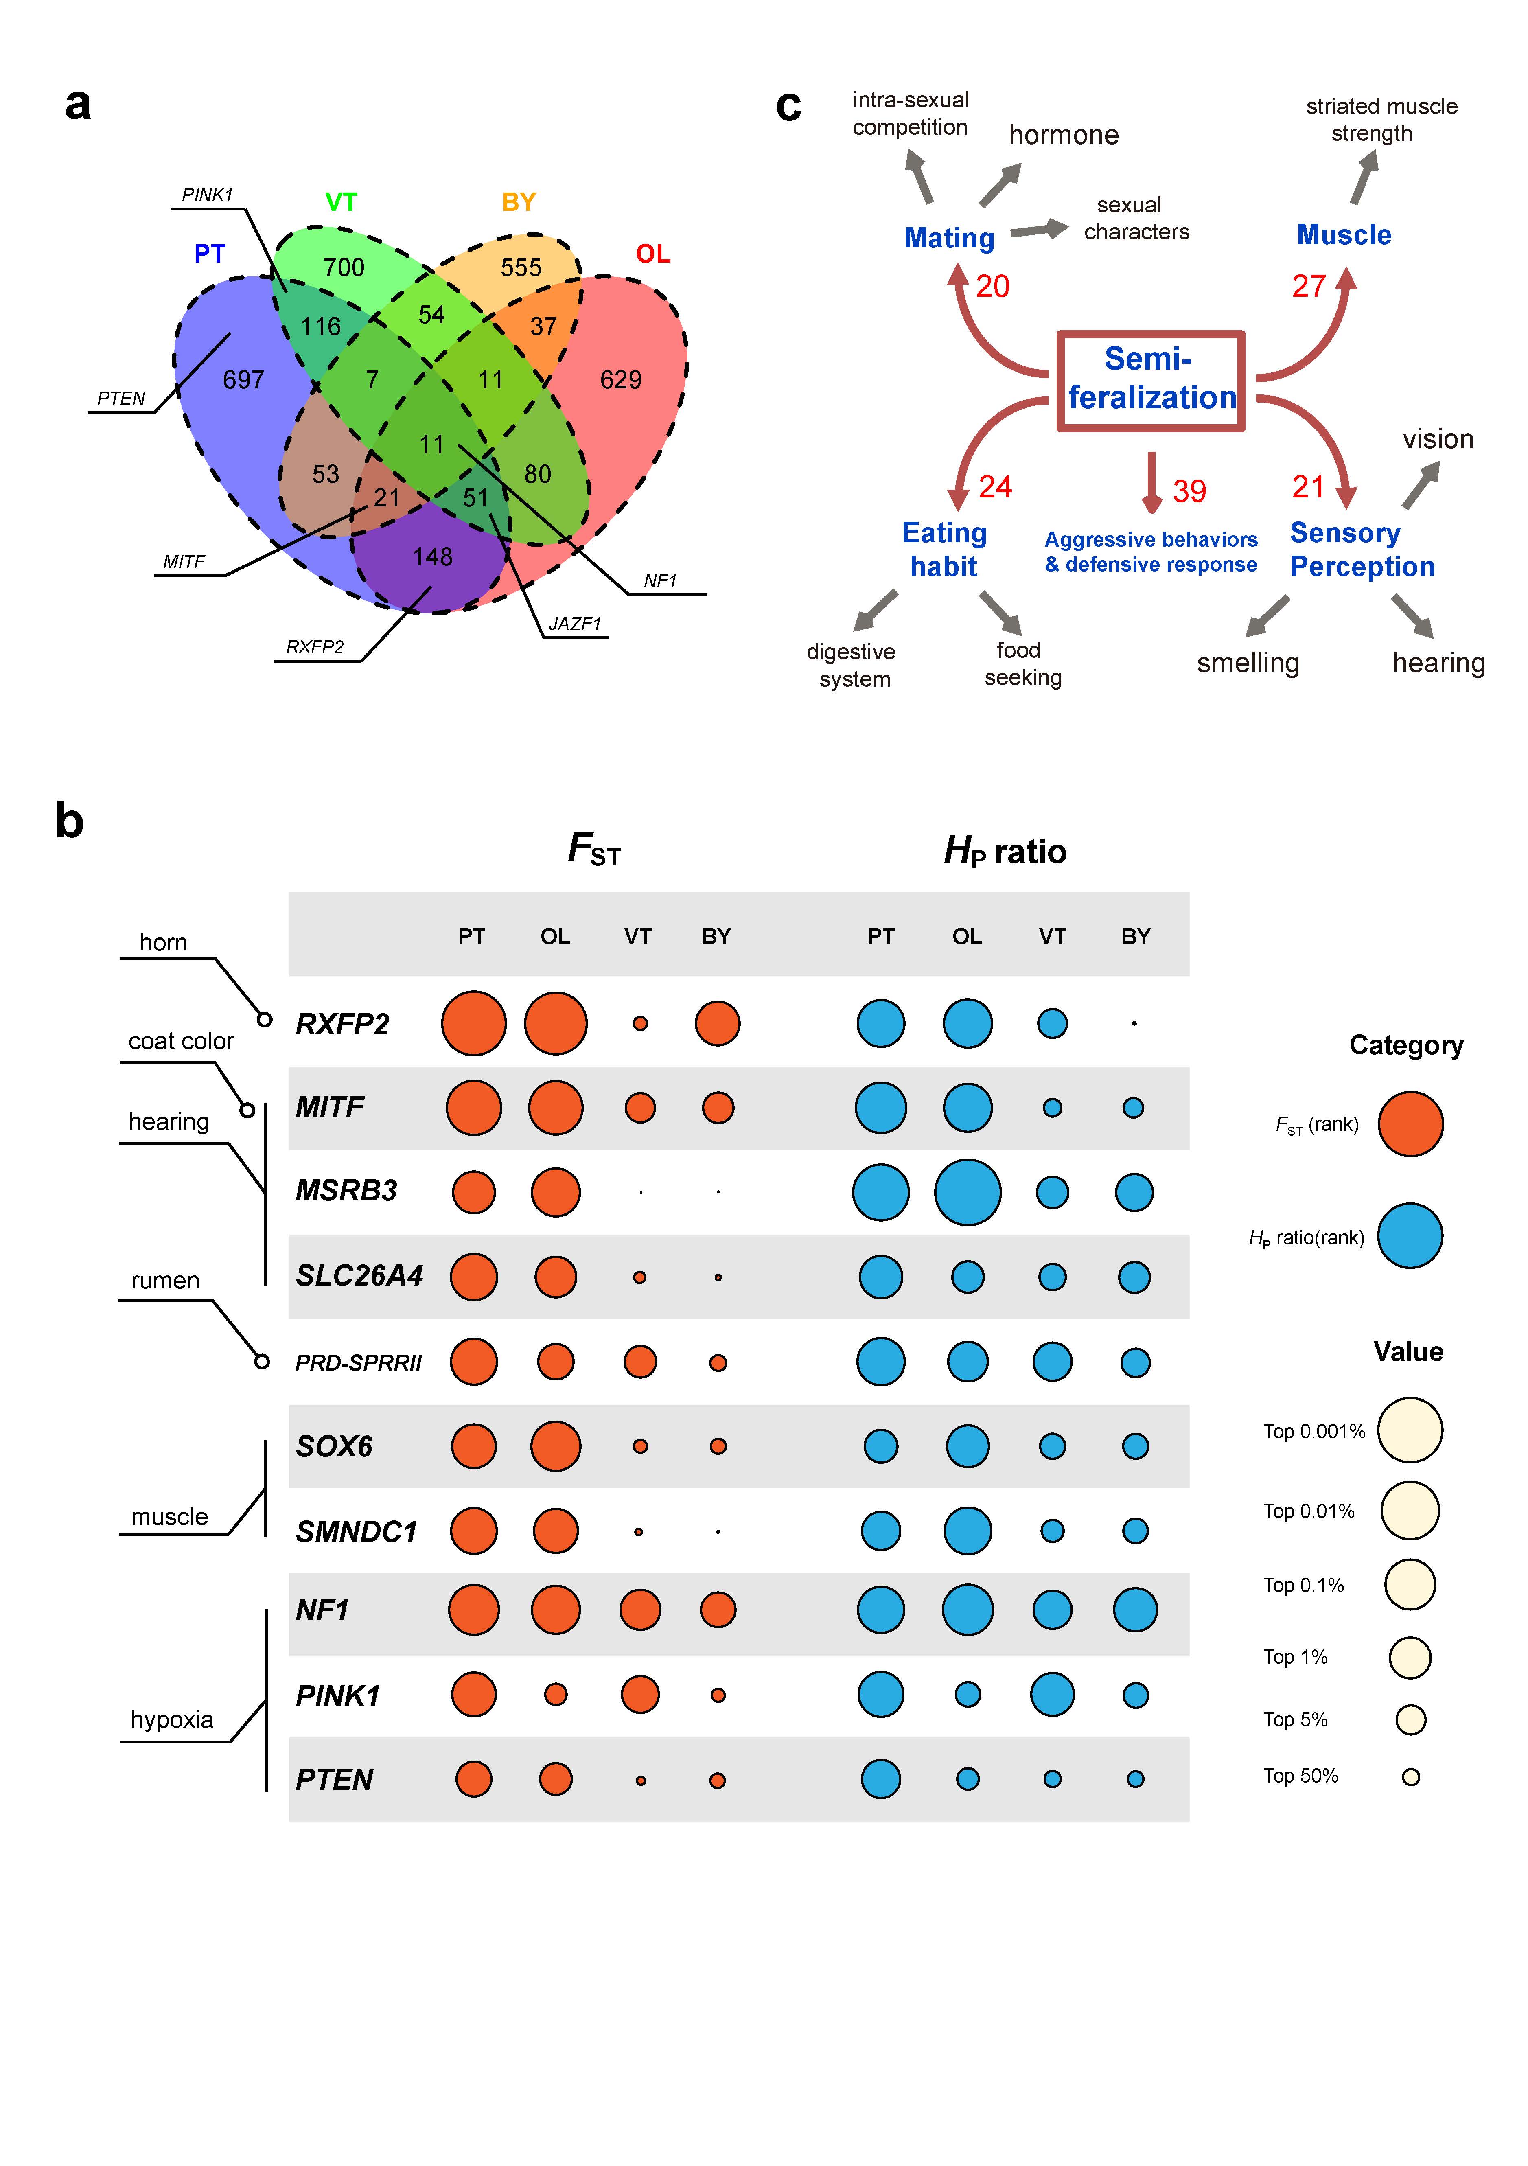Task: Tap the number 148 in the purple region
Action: (433, 556)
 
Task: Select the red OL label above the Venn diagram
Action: (653, 254)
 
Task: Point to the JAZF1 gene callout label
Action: (574, 624)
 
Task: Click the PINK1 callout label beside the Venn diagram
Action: (206, 194)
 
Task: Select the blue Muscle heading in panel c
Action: (1344, 235)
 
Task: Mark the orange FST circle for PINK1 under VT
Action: (640, 1694)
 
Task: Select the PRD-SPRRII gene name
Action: (359, 1362)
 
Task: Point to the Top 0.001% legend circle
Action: (1410, 1430)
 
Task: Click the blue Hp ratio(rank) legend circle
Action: (1410, 1236)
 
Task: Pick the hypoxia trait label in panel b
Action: (172, 1719)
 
